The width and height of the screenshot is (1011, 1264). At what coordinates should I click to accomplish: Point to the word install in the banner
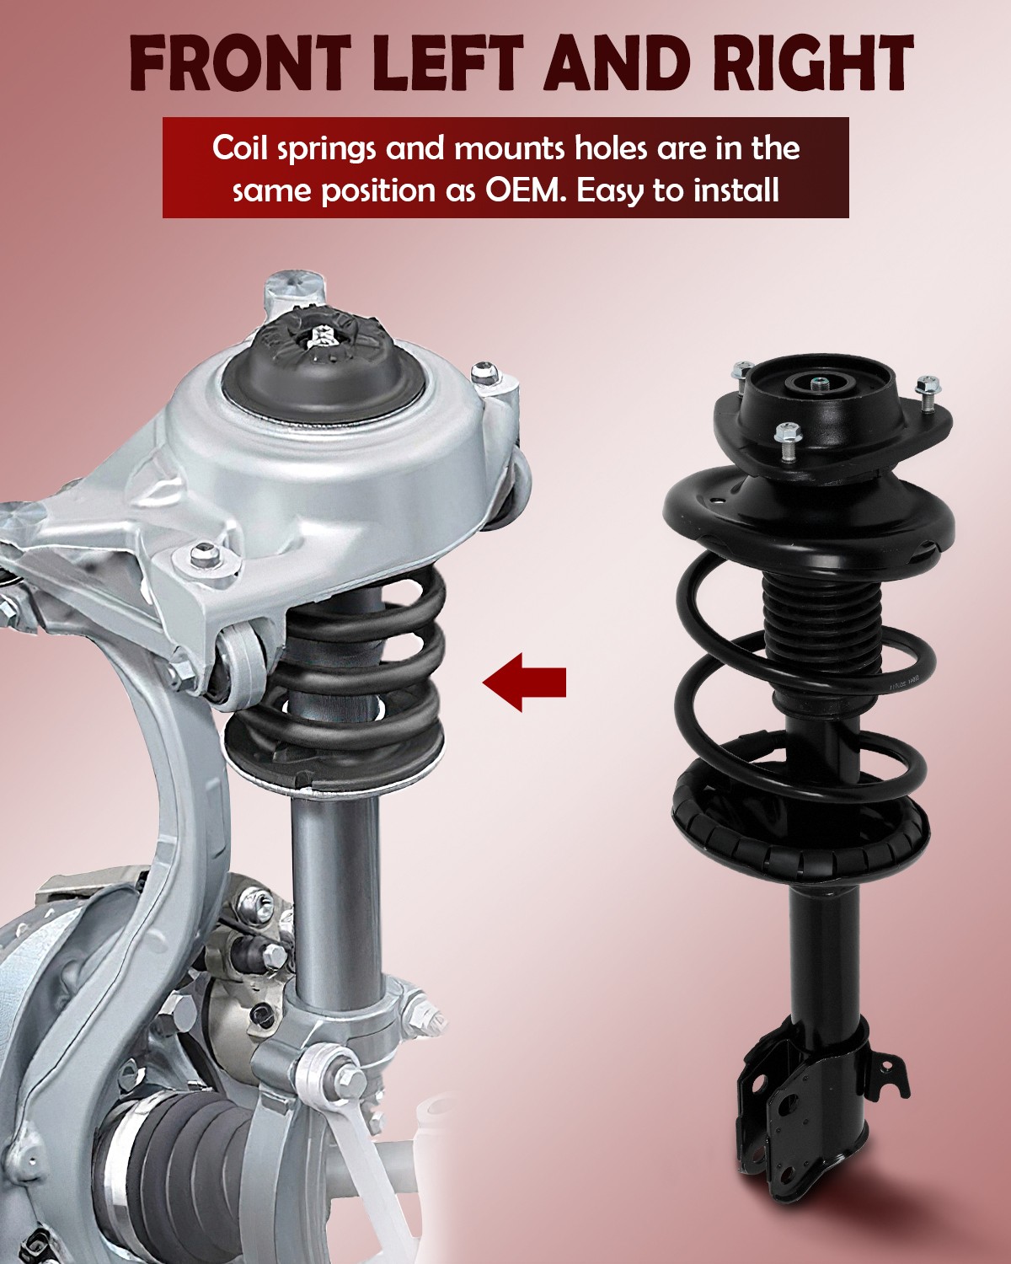click(736, 190)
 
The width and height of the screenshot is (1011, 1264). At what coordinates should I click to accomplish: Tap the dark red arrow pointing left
click(524, 681)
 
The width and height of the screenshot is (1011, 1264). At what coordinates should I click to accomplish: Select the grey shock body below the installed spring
click(335, 893)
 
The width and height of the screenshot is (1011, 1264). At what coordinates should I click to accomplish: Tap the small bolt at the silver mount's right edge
click(484, 372)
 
